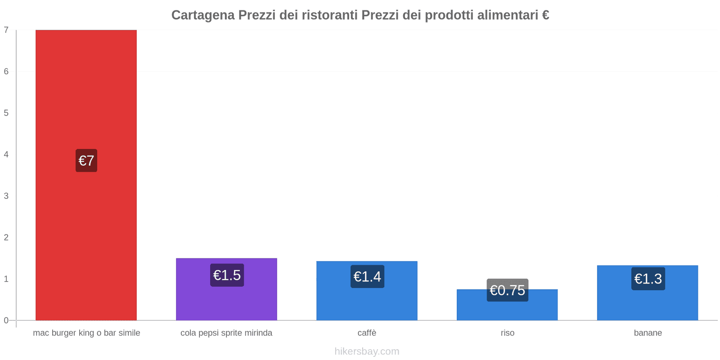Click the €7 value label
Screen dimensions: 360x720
pos(86,161)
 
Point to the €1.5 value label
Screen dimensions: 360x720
pos(227,275)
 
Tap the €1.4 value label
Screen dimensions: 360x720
pos(367,276)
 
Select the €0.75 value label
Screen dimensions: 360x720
pos(507,290)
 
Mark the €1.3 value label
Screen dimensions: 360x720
pos(648,279)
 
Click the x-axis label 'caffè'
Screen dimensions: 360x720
pos(367,333)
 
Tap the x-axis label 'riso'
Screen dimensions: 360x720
pos(507,333)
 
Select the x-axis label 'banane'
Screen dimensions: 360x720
pos(648,333)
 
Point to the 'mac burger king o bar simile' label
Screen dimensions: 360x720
pos(86,333)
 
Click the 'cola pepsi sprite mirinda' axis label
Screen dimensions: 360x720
pos(226,333)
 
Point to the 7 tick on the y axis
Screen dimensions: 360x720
pos(6,30)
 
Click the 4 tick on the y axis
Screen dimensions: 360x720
pos(6,154)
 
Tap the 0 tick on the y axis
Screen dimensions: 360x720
pos(6,320)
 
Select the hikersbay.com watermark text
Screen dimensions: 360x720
pos(367,351)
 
